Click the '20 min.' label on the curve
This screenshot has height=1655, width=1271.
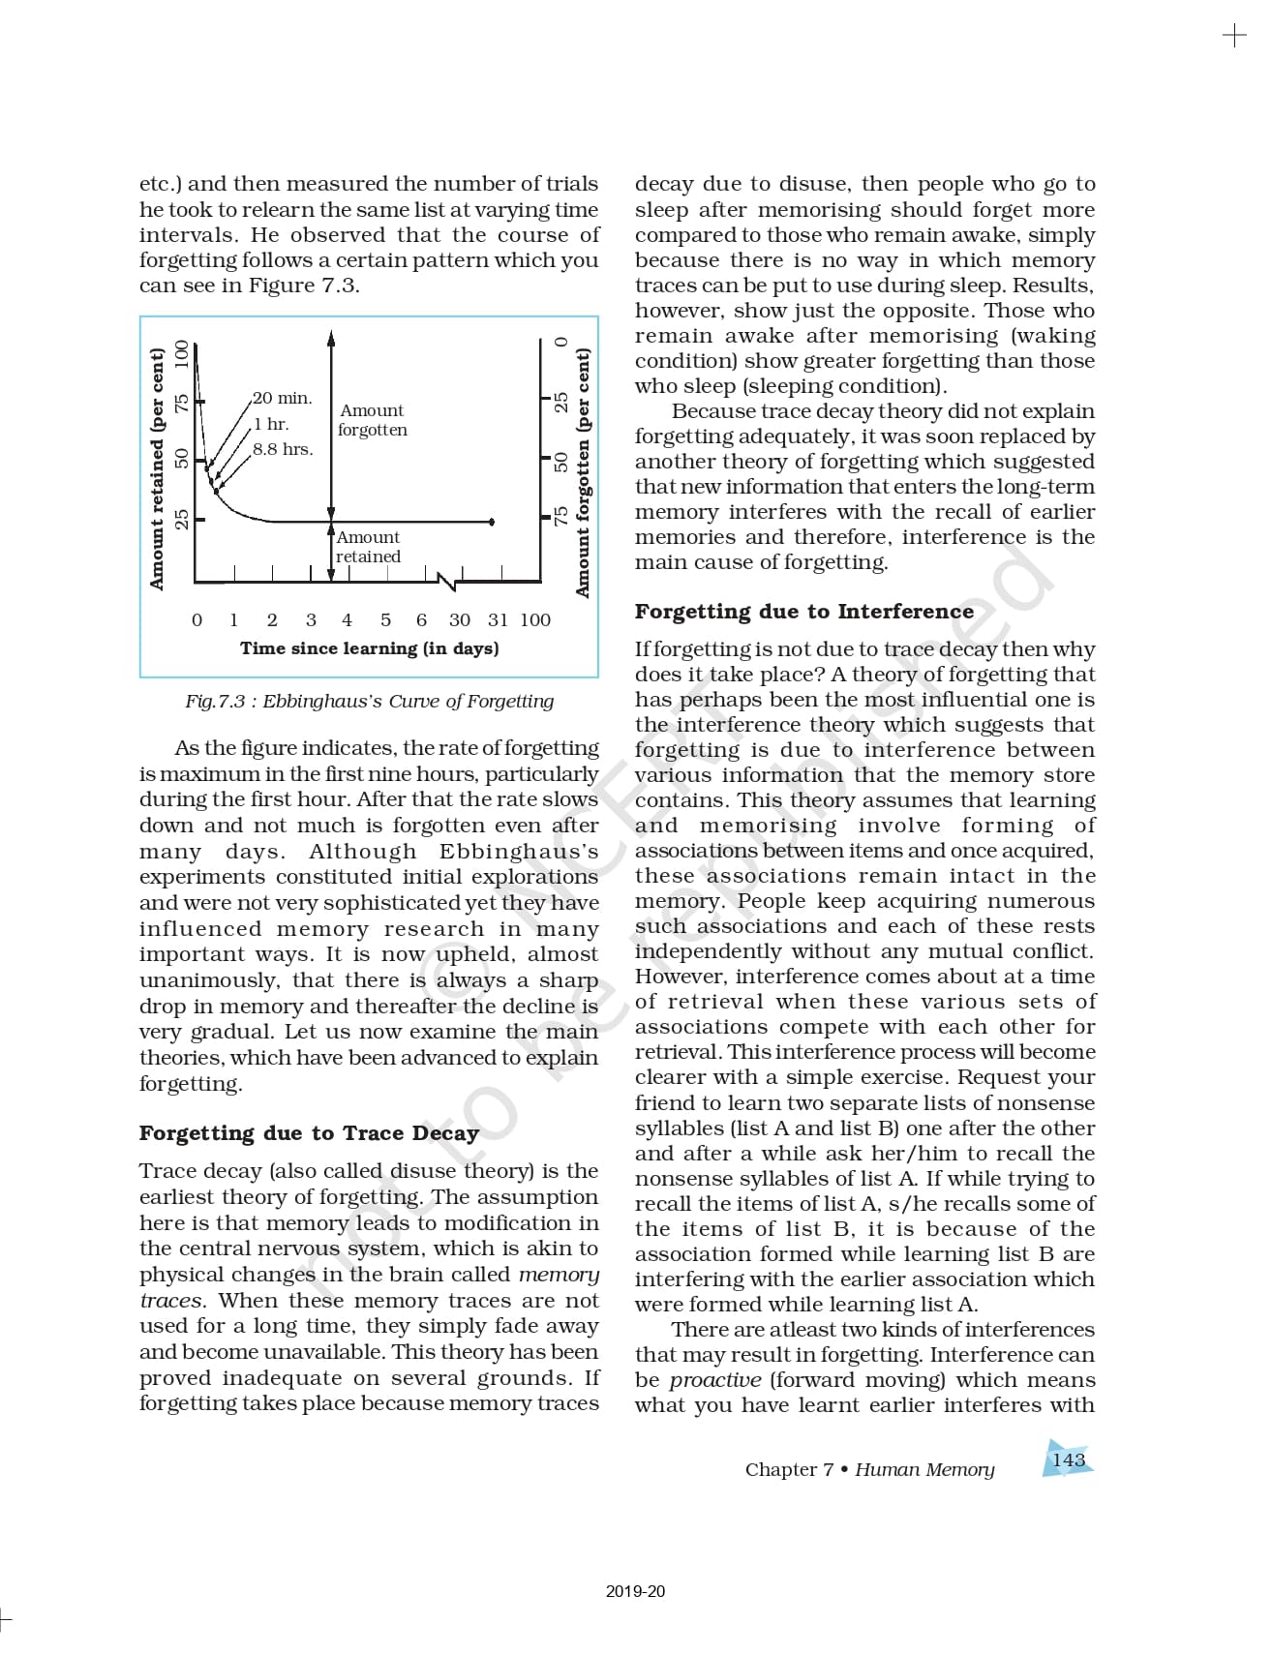(283, 398)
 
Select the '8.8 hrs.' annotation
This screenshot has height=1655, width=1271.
(283, 449)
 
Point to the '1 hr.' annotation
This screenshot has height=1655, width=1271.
(271, 424)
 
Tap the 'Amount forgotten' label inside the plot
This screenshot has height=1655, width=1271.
(373, 420)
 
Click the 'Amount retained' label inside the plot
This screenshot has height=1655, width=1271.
(368, 547)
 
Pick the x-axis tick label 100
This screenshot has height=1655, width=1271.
(535, 620)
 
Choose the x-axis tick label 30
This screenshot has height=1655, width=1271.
(460, 620)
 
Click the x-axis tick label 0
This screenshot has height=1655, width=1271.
(197, 620)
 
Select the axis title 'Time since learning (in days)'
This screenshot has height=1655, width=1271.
(370, 648)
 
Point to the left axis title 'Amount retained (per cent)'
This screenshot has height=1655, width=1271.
(157, 468)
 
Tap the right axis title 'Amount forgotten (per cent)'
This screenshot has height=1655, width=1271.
(582, 472)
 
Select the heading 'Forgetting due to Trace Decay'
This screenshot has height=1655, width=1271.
(309, 1133)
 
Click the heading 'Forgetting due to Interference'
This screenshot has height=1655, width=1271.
(803, 612)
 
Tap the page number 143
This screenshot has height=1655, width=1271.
(1069, 1459)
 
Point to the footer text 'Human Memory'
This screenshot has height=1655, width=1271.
(924, 1469)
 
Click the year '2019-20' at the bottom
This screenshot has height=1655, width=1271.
(635, 1591)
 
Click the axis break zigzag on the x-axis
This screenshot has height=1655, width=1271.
(447, 582)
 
